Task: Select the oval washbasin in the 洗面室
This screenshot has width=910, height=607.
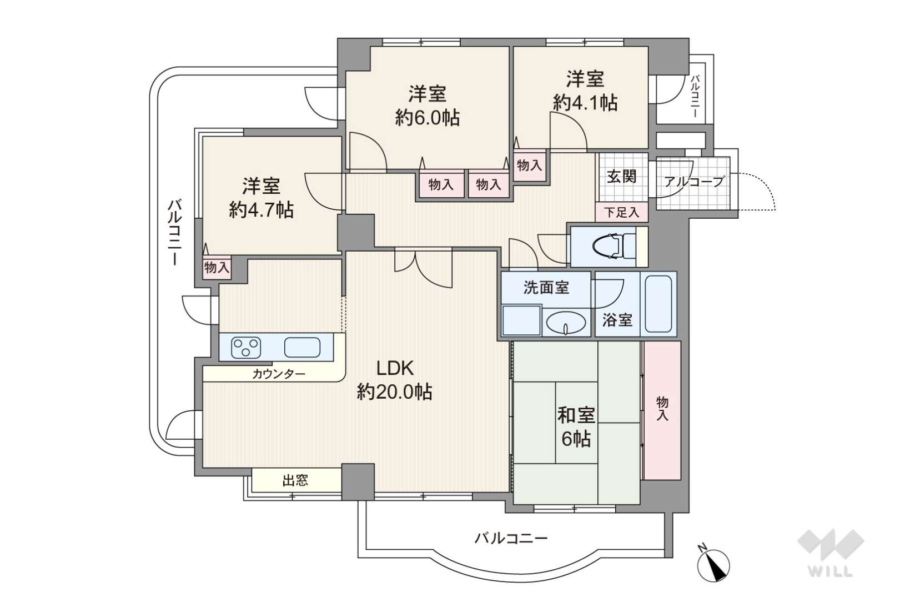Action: (x=566, y=323)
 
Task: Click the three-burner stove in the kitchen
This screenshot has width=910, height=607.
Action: (x=246, y=348)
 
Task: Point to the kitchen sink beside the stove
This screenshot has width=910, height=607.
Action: (x=302, y=348)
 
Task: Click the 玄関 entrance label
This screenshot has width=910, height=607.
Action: (x=621, y=177)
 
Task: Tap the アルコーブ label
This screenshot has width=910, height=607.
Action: (x=694, y=181)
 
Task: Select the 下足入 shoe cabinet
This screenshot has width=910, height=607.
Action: (x=621, y=212)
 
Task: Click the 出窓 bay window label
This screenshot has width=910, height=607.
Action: (x=295, y=480)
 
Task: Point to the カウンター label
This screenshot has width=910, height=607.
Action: (x=279, y=373)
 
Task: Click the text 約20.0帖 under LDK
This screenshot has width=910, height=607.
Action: (x=394, y=392)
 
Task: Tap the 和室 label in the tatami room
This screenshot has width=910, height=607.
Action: (x=576, y=415)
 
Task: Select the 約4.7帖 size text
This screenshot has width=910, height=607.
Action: (x=261, y=210)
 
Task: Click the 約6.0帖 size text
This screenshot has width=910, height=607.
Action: (x=428, y=118)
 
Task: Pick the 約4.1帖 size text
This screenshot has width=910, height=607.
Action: (x=585, y=102)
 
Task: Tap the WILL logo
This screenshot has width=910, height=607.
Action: (x=831, y=553)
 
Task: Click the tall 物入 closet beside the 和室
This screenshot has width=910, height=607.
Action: (x=662, y=410)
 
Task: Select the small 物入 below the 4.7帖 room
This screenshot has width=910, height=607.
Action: (x=217, y=268)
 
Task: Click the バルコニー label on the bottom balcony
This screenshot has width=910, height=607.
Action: (x=511, y=539)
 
